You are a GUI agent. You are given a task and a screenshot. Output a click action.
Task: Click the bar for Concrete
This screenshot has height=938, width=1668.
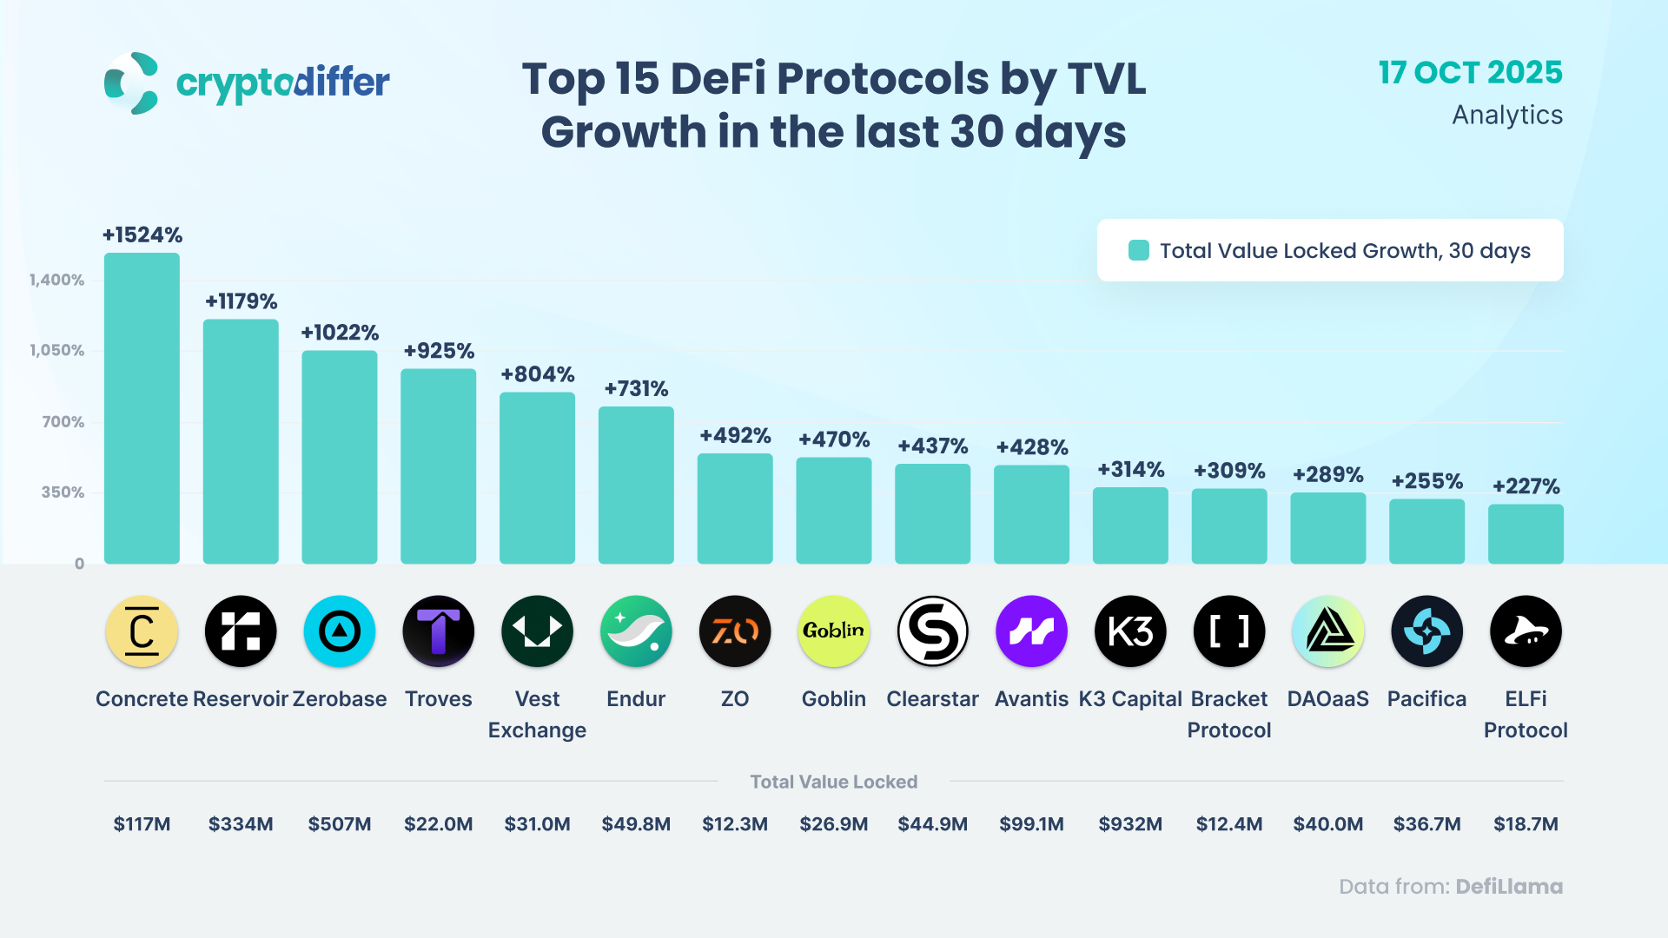tap(142, 408)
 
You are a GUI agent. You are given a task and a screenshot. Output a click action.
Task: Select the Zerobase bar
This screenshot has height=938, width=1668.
tap(340, 457)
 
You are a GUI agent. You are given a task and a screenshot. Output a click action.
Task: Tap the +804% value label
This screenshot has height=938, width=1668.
tap(538, 374)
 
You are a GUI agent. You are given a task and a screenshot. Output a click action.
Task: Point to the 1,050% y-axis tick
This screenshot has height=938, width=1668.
tap(57, 350)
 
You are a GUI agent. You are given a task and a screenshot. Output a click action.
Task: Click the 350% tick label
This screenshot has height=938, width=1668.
tap(63, 492)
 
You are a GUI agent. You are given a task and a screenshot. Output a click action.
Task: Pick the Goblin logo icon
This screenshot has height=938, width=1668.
tap(834, 631)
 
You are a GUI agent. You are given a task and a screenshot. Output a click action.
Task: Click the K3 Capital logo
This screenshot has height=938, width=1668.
tap(1130, 631)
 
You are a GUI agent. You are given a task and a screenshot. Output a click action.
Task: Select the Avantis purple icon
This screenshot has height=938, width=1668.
tap(1031, 631)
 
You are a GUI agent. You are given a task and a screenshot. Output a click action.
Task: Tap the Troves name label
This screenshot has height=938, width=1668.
tap(439, 699)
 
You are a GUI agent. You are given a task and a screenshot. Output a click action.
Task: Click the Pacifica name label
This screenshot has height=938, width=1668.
tap(1426, 699)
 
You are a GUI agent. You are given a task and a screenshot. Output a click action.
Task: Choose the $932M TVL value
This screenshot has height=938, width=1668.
tap(1130, 824)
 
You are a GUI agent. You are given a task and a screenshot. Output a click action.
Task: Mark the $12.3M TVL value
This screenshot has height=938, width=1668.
tap(735, 824)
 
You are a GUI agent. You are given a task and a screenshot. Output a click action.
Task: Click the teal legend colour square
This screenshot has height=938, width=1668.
tap(1138, 250)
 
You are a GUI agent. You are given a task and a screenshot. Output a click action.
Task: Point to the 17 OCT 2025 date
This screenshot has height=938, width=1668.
tap(1470, 73)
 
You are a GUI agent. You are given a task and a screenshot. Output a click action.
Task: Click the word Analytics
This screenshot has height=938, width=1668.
tap(1507, 115)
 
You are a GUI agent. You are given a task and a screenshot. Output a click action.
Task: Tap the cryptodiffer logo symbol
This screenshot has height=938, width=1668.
tap(131, 83)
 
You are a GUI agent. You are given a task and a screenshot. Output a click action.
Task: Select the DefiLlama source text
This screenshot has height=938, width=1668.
tap(1509, 887)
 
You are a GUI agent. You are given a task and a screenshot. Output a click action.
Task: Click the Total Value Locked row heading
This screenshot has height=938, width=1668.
tap(834, 782)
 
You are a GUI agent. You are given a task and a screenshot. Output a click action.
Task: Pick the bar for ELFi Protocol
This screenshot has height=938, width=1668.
tap(1526, 534)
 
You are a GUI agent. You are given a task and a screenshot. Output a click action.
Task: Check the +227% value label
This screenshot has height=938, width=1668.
tap(1526, 486)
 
